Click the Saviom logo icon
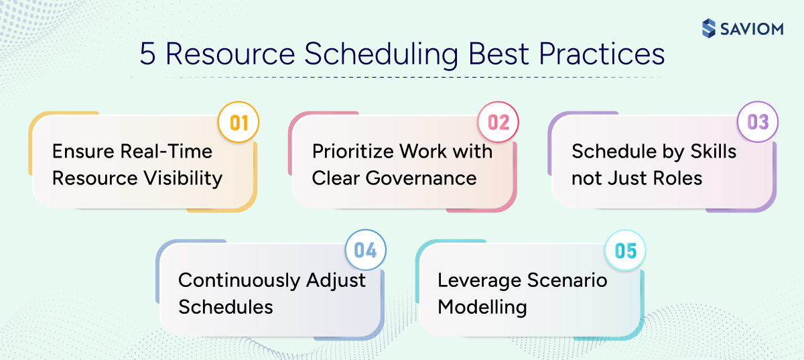(x=709, y=28)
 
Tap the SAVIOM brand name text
(x=752, y=29)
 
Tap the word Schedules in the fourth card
(x=226, y=307)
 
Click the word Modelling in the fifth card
(x=482, y=307)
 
